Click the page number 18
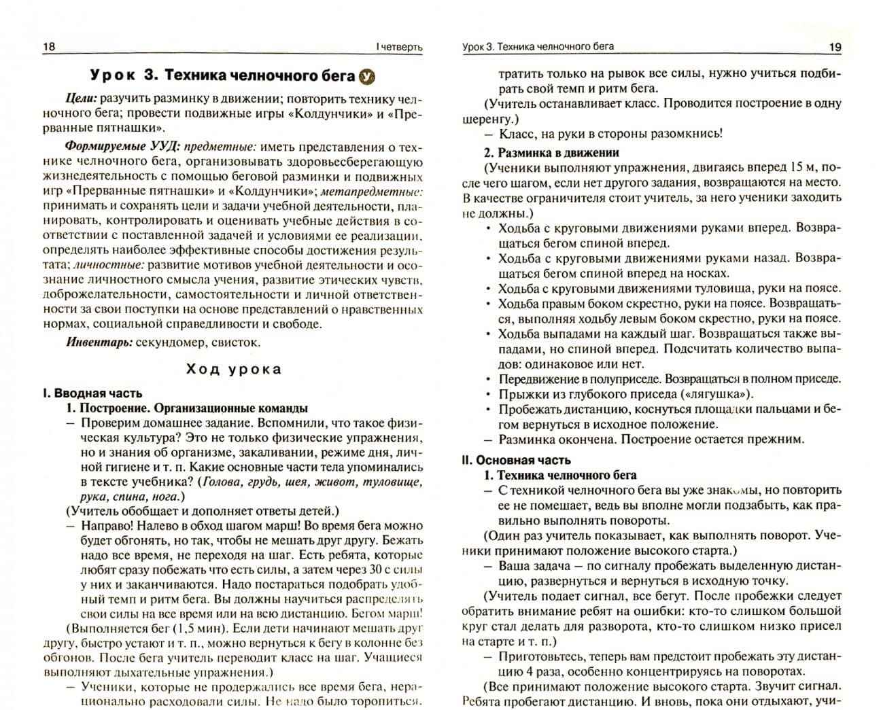49,47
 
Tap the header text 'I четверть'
399,47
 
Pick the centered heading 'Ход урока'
233,370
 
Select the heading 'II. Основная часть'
517,460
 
